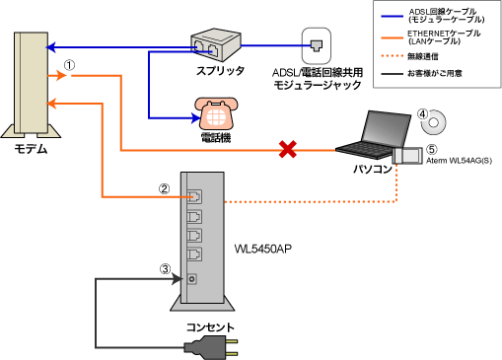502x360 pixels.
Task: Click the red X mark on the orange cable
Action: coord(288,150)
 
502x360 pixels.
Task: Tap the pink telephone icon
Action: coord(212,110)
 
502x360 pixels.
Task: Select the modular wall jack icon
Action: coord(315,43)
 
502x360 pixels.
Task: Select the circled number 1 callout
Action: coord(69,64)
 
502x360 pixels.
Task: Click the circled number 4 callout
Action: coord(422,114)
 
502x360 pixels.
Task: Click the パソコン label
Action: coord(372,169)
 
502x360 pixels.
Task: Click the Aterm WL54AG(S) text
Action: coord(459,159)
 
